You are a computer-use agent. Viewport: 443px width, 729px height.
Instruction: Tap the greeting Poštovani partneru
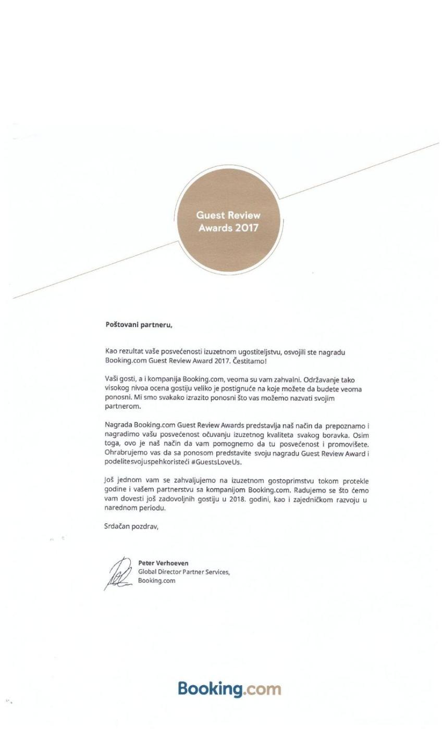point(139,325)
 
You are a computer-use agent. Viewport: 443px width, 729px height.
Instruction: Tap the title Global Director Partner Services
point(184,572)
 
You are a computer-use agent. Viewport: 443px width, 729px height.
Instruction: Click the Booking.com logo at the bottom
point(229,689)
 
